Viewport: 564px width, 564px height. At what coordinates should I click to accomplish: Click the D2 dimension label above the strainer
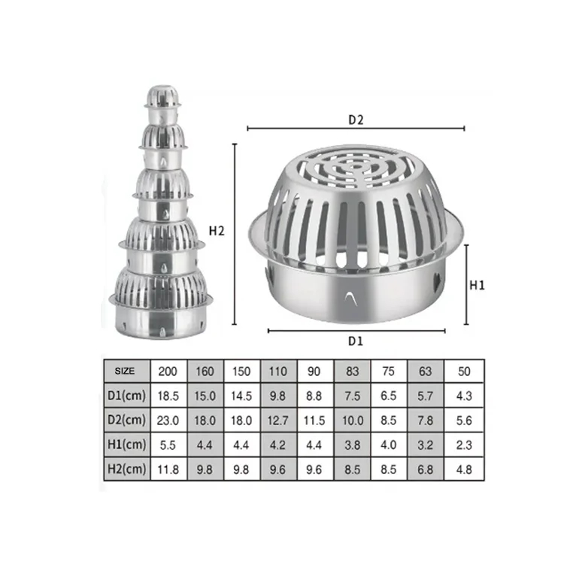click(x=356, y=119)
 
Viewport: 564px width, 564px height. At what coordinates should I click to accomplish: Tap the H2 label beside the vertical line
click(x=217, y=232)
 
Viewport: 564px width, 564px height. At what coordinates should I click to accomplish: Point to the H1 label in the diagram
click(x=477, y=285)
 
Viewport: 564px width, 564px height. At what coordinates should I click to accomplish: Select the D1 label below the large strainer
click(x=356, y=340)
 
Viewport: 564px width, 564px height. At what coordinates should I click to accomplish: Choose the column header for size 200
click(x=168, y=371)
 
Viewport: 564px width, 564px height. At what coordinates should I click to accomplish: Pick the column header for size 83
click(x=352, y=371)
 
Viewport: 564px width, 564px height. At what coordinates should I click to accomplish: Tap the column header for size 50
click(x=464, y=371)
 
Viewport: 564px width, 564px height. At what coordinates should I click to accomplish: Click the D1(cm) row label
click(x=126, y=395)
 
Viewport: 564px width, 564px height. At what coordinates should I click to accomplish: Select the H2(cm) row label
click(x=126, y=470)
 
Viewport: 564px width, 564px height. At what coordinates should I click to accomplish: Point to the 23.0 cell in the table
click(x=168, y=420)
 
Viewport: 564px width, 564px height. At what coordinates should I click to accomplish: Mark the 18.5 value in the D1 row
click(x=168, y=395)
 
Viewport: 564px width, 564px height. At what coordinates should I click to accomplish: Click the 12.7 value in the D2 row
click(x=279, y=420)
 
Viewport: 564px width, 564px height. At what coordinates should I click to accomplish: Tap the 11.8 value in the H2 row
click(x=168, y=470)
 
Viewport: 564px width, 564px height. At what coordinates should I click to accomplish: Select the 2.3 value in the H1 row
click(x=464, y=445)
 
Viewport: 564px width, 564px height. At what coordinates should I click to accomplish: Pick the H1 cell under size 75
click(x=389, y=445)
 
